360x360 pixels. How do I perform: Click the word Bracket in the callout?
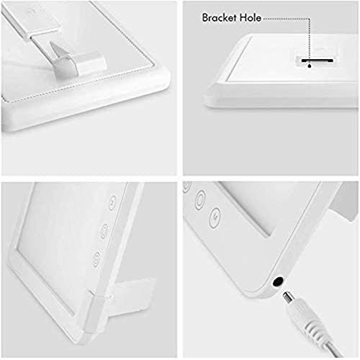(220, 17)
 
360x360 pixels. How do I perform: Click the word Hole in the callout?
(251, 17)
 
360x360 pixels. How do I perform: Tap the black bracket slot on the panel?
(318, 60)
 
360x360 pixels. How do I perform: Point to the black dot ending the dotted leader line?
(310, 66)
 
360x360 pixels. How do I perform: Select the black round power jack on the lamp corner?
(278, 282)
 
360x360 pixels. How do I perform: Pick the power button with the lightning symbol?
(215, 217)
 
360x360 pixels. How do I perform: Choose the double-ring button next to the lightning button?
(200, 200)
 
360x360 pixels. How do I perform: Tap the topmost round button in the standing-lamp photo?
(112, 203)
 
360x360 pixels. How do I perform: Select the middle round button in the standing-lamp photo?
(104, 231)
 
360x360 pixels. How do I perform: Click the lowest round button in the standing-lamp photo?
(96, 259)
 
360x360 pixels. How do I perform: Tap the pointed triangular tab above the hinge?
(55, 49)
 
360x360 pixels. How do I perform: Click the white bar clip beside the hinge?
(91, 63)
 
